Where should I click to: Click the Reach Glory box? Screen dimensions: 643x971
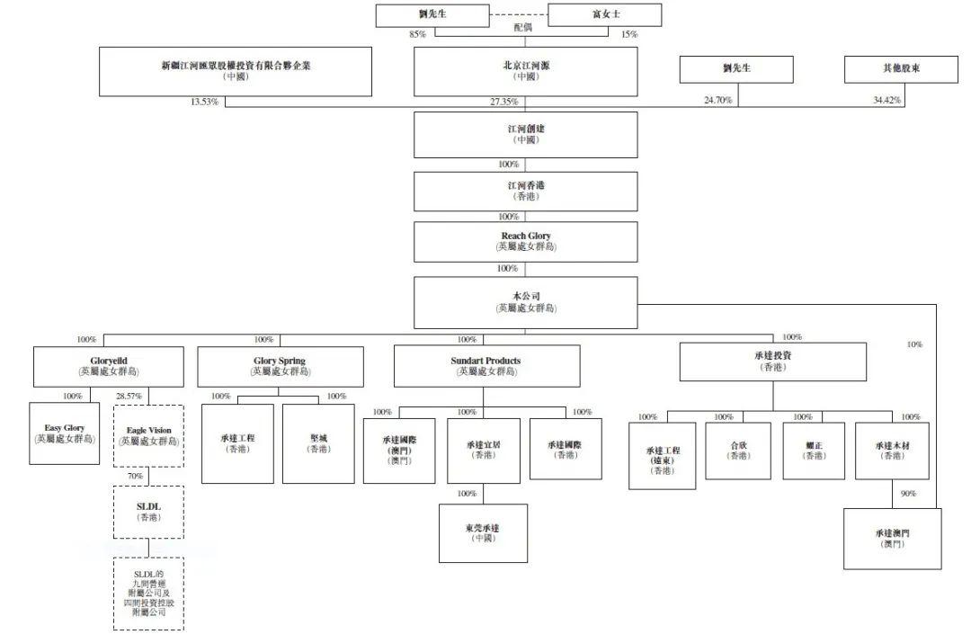coord(526,241)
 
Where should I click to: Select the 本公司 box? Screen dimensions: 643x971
coord(526,302)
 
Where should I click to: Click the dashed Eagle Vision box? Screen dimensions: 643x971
coord(148,436)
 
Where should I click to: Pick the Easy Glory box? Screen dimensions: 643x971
coord(64,433)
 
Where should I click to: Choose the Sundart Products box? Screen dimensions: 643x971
coord(486,366)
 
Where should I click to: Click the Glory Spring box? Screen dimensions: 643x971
coord(281,366)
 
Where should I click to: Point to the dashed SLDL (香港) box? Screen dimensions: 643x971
coord(148,512)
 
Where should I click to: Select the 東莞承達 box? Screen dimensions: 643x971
coord(483,532)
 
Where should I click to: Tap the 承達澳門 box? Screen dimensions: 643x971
coord(892,538)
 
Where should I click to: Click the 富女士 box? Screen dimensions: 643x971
coord(604,15)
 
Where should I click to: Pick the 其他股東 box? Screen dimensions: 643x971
coord(900,69)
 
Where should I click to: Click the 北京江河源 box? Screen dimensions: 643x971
coord(526,71)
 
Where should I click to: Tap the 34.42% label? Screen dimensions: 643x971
coord(886,102)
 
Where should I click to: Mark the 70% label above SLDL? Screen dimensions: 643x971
coord(134,476)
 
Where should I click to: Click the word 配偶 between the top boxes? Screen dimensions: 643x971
coord(523,28)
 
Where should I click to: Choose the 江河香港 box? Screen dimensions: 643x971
coord(526,191)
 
